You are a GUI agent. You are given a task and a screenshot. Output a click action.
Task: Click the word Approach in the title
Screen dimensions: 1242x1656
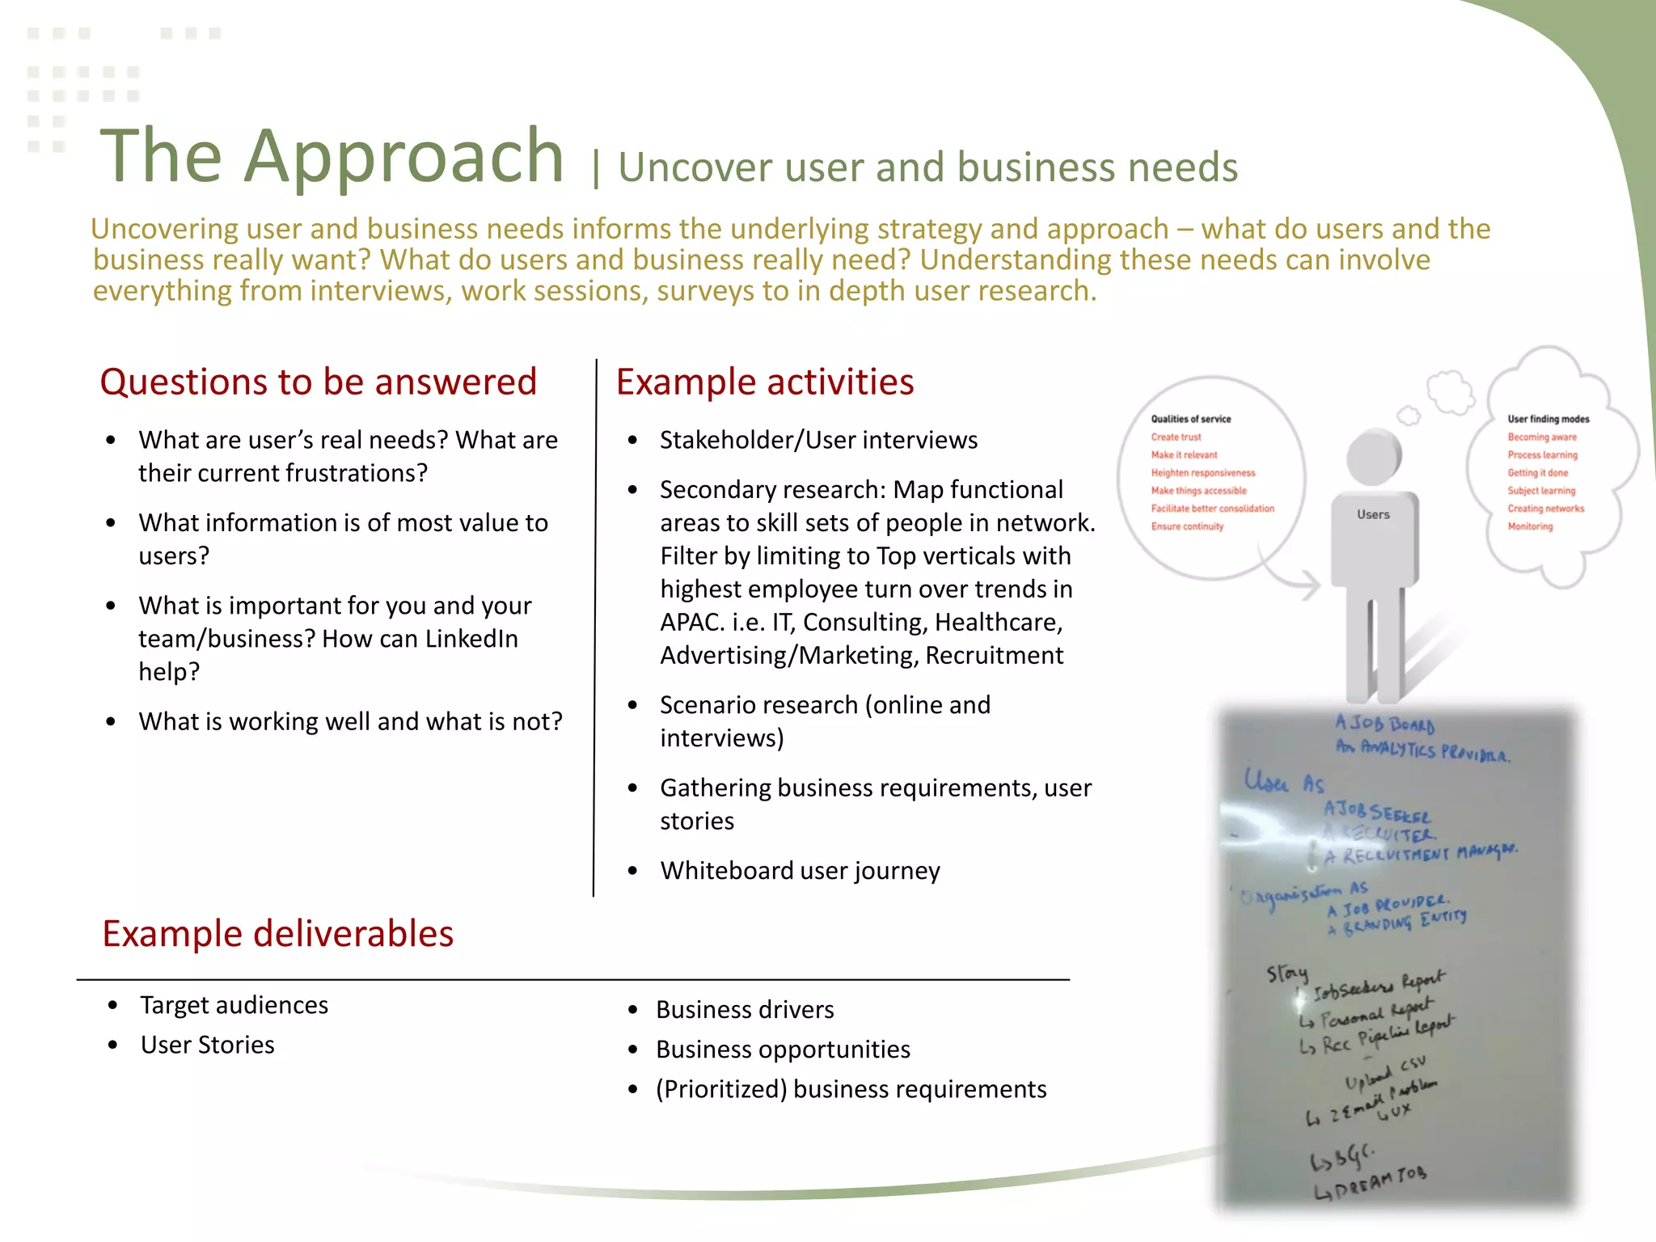(x=404, y=157)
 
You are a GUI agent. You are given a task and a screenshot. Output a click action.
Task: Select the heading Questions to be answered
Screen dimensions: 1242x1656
(x=318, y=382)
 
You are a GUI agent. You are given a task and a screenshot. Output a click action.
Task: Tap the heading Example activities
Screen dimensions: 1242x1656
(x=765, y=382)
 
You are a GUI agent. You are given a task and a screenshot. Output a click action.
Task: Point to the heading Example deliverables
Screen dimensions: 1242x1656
(x=277, y=934)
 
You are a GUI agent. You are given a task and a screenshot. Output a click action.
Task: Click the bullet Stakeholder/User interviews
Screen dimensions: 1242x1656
(x=818, y=440)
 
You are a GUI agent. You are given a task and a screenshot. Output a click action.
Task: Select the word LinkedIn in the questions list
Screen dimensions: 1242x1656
(x=471, y=639)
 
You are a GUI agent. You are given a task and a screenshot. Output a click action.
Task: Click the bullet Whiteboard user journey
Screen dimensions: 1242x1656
(x=800, y=871)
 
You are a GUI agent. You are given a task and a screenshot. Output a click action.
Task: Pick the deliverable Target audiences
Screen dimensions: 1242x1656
(x=234, y=1005)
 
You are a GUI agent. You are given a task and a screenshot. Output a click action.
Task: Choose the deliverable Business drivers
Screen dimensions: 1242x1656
(x=745, y=1010)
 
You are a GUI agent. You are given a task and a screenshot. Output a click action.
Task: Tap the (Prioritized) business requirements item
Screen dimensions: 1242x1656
(x=851, y=1089)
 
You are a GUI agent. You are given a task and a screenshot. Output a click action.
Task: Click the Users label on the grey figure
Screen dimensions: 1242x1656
(x=1373, y=514)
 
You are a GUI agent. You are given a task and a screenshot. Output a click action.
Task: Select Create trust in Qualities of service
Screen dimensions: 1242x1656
(x=1176, y=437)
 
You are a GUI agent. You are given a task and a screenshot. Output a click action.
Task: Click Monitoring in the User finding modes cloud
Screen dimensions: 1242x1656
(x=1530, y=526)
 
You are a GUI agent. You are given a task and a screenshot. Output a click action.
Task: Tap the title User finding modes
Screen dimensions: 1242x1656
(x=1548, y=419)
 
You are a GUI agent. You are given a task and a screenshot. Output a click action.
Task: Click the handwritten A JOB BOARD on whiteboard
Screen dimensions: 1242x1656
(x=1384, y=724)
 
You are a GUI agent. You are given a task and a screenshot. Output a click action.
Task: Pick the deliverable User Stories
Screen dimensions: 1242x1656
(x=207, y=1046)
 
